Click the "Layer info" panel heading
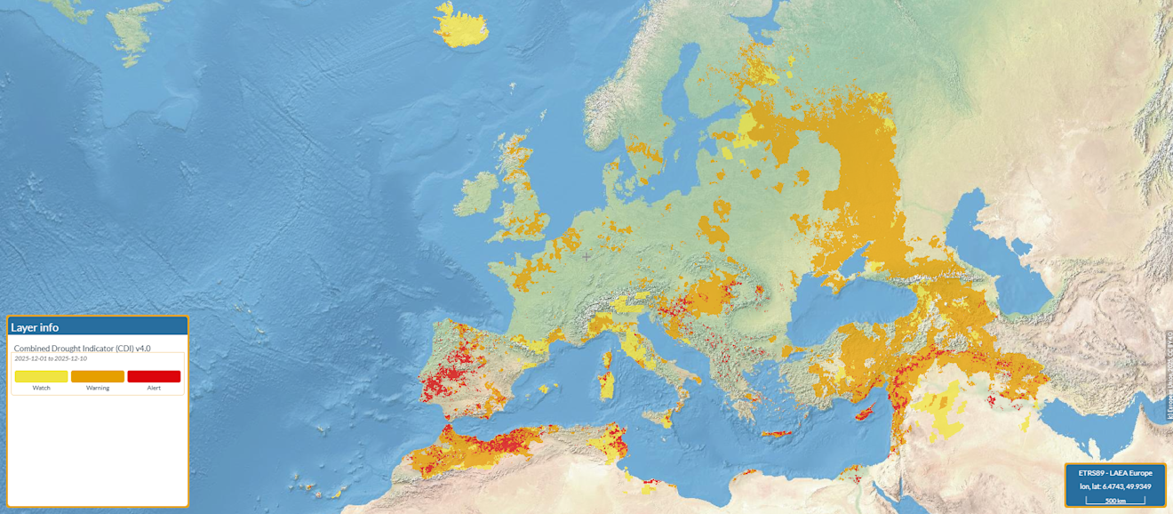pos(36,327)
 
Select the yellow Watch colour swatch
pos(41,376)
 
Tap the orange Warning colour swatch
pos(98,376)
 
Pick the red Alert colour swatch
pos(154,376)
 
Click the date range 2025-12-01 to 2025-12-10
pos(51,358)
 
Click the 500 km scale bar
pos(1116,501)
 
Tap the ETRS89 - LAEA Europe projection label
pos(1114,472)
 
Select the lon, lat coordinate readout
pos(1114,486)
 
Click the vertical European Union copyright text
pos(1168,373)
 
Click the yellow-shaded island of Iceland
pos(462,27)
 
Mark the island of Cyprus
pos(867,414)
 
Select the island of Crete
pos(775,434)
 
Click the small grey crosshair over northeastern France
pos(586,256)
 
